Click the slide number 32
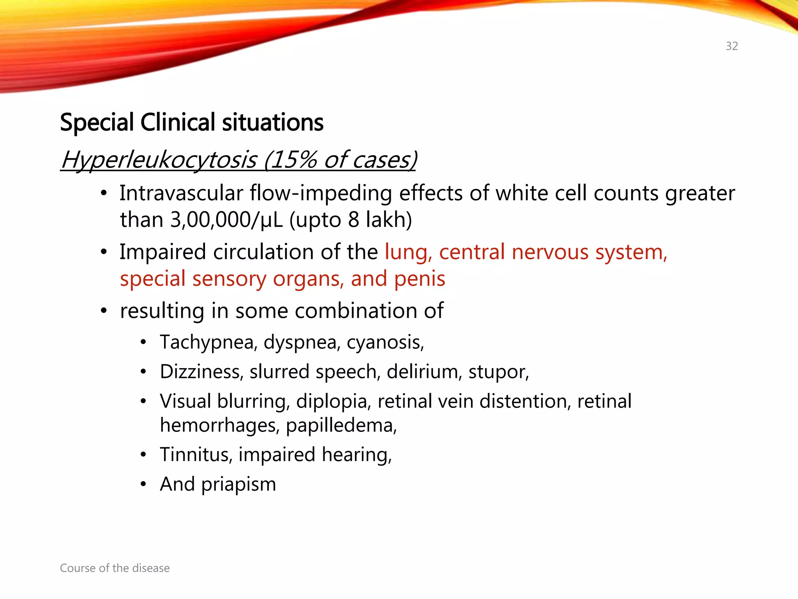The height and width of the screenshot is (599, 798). [731, 46]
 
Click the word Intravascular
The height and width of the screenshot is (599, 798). [181, 193]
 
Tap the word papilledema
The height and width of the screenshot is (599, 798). [341, 425]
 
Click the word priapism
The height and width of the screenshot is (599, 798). [238, 485]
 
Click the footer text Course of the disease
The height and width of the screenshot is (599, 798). [115, 568]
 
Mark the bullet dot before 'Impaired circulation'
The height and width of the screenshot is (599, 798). [103, 252]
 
